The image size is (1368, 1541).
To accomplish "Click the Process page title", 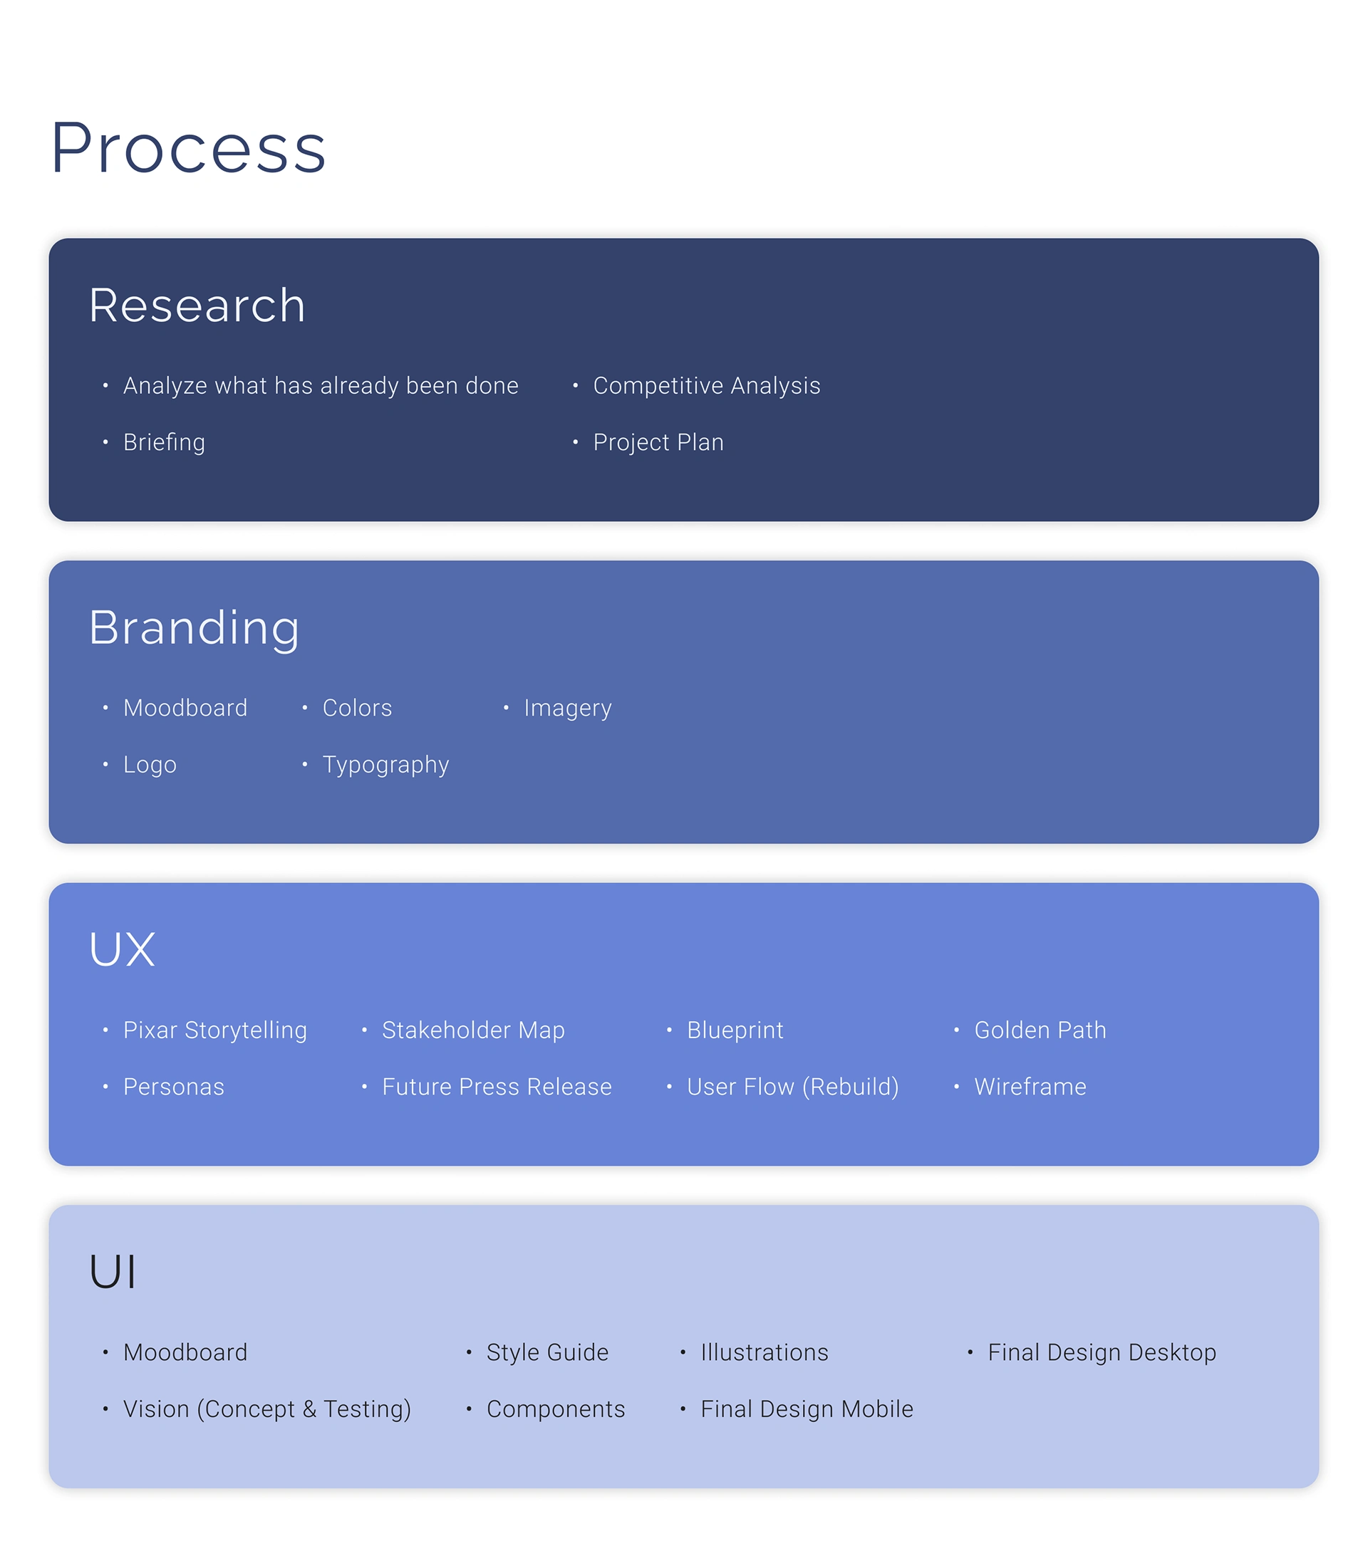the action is tap(189, 148).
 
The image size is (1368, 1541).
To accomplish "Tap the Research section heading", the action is tap(197, 305).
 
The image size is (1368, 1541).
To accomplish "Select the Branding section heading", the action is tap(194, 629).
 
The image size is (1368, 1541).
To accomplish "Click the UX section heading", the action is tap(122, 949).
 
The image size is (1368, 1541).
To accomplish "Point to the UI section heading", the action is tap(113, 1271).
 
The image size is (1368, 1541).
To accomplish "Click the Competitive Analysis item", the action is tap(706, 386).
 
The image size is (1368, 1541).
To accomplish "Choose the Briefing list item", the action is tap(164, 442).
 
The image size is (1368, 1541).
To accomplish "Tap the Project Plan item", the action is tap(658, 442).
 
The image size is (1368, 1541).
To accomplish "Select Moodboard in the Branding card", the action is tap(185, 708).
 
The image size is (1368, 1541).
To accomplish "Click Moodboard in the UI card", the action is tap(185, 1352).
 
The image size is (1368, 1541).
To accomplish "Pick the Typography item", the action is tap(385, 766).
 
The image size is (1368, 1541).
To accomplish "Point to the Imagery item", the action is tap(567, 709).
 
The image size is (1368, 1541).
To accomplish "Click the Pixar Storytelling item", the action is tap(215, 1030).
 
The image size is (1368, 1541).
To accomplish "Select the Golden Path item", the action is tap(1040, 1030).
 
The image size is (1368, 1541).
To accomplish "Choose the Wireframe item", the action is tap(1030, 1087).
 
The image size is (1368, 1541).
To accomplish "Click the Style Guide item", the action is tap(546, 1352).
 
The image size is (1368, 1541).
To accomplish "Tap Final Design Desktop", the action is tap(1102, 1353).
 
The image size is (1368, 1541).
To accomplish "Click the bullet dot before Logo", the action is tap(105, 765).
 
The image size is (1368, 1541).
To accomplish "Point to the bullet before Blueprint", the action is tap(669, 1030).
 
